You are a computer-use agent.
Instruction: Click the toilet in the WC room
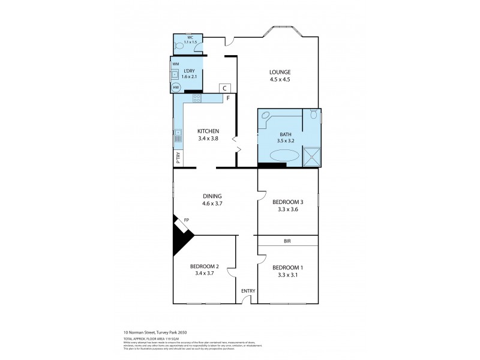coord(179,45)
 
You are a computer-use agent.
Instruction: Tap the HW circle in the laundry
coord(176,88)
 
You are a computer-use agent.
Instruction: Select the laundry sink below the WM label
coord(175,75)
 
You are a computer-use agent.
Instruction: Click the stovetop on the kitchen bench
coord(196,98)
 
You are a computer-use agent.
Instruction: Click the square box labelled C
coord(224,88)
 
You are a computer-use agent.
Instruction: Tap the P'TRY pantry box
coord(178,157)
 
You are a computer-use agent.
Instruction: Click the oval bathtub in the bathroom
coord(284,155)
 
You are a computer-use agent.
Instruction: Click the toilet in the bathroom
coord(313,116)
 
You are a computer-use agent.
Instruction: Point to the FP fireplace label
coord(187,220)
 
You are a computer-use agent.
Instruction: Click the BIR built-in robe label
coord(288,241)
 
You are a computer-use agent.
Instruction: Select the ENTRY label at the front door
coord(248,291)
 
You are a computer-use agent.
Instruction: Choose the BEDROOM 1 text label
coord(287,268)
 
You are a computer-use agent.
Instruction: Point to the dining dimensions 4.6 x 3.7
coord(212,203)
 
